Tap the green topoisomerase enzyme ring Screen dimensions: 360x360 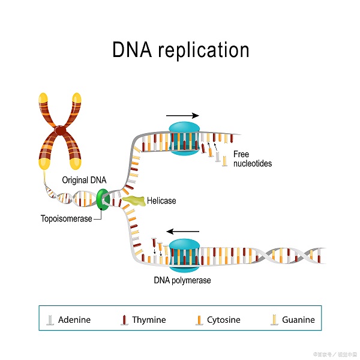coord(103,199)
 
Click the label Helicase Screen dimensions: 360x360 coord(161,201)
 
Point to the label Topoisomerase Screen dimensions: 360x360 coord(66,219)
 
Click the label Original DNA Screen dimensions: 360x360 coord(84,180)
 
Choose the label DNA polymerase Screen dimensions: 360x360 coord(182,280)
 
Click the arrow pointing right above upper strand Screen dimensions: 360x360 coord(182,115)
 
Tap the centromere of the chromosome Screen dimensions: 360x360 coord(60,130)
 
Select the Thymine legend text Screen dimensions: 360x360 coord(149,320)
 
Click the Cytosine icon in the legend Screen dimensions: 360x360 coord(198,320)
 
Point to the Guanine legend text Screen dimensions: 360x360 coord(298,320)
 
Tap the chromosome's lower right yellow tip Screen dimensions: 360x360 coord(76,161)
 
